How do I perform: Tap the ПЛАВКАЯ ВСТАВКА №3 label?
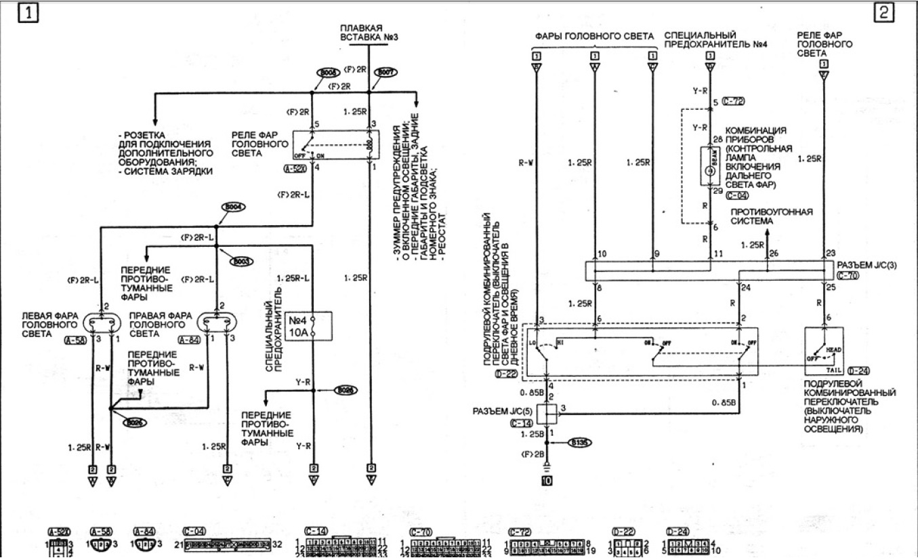367,32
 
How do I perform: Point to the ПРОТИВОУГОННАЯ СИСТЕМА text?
771,216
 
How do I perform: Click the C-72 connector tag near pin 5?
734,100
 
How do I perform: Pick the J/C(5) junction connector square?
547,413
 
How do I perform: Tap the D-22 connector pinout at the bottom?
621,545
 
